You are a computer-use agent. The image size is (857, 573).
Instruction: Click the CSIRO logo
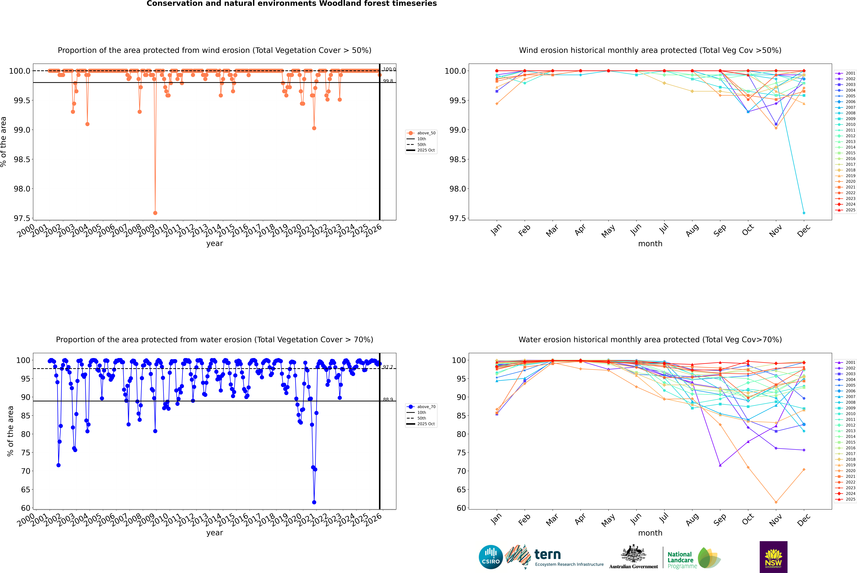(x=491, y=557)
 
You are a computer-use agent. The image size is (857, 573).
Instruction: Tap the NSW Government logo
(x=773, y=557)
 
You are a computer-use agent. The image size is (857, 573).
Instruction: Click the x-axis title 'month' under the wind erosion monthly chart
(x=650, y=244)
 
